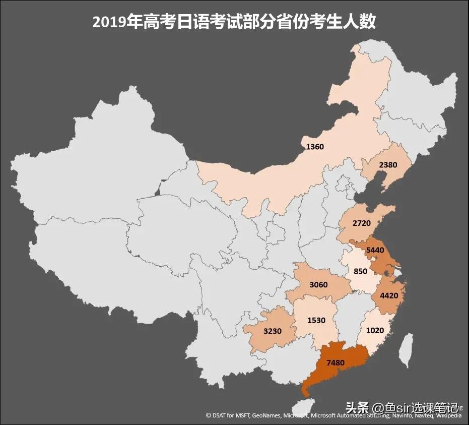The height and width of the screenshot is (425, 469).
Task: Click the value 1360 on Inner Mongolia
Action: click(x=315, y=147)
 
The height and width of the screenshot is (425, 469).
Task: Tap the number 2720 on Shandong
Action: click(x=362, y=222)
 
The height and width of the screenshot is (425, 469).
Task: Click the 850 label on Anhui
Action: click(x=360, y=271)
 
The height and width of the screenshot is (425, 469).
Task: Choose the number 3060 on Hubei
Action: click(x=318, y=285)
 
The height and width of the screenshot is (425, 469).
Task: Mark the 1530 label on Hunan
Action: click(x=316, y=320)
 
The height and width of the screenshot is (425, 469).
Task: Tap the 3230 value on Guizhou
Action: click(x=272, y=331)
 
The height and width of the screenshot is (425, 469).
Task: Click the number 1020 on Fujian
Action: click(x=375, y=331)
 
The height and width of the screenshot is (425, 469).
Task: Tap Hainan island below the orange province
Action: click(x=303, y=406)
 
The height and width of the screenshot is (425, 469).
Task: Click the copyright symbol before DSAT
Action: click(x=209, y=416)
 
